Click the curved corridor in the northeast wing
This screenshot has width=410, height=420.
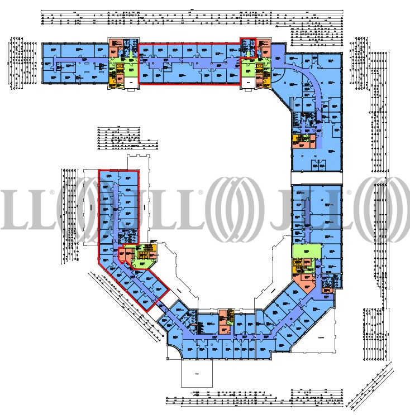[313, 78]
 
